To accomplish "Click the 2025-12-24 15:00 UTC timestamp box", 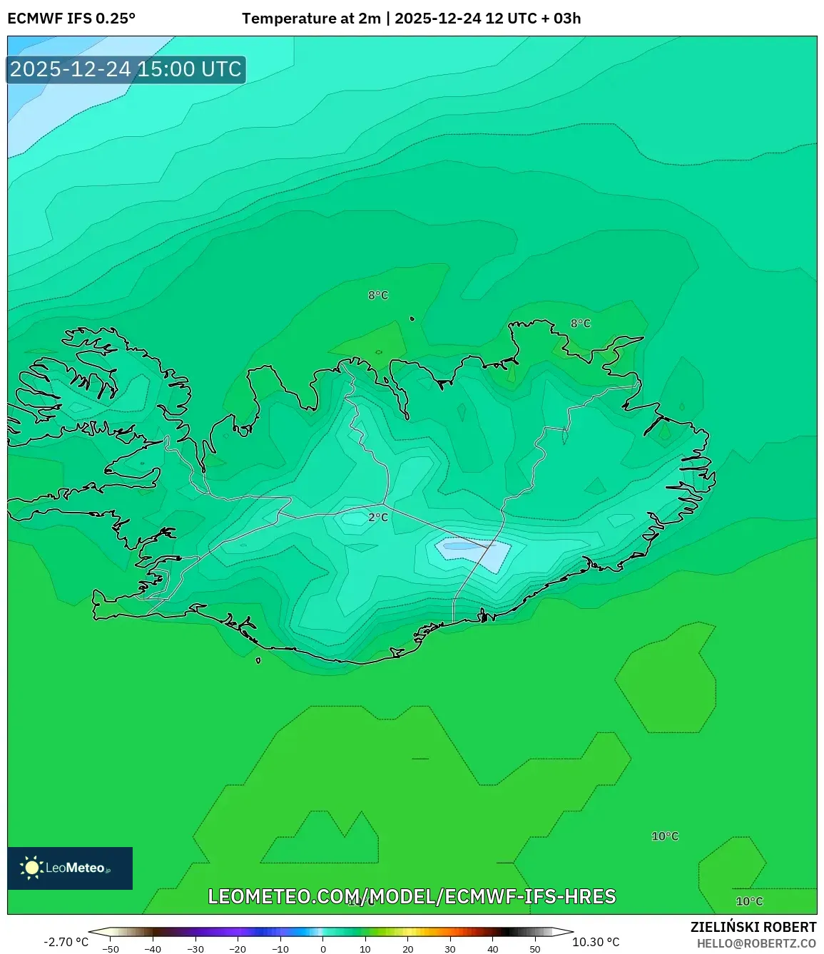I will pyautogui.click(x=126, y=69).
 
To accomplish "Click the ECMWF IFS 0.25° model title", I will pyautogui.click(x=71, y=18).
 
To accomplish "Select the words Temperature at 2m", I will pyautogui.click(x=311, y=18).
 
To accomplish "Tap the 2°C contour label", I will pyautogui.click(x=378, y=517).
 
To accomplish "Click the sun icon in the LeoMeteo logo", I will pyautogui.click(x=31, y=868).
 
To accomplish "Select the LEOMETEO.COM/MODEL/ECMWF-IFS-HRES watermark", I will pyautogui.click(x=412, y=896).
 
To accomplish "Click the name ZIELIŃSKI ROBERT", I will pyautogui.click(x=753, y=927).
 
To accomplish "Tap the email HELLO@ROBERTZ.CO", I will pyautogui.click(x=756, y=943).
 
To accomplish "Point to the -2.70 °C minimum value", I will pyautogui.click(x=66, y=942).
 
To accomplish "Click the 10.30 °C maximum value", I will pyautogui.click(x=596, y=942).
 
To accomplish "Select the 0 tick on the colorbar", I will pyautogui.click(x=323, y=948).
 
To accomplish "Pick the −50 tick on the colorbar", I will pyautogui.click(x=111, y=948).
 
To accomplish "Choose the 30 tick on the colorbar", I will pyautogui.click(x=450, y=948).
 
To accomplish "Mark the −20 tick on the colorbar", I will pyautogui.click(x=238, y=948).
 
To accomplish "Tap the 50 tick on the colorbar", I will pyautogui.click(x=535, y=948).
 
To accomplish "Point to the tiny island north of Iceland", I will pyautogui.click(x=412, y=319).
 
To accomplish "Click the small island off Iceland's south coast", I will pyautogui.click(x=258, y=660).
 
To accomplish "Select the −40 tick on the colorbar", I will pyautogui.click(x=153, y=948).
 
